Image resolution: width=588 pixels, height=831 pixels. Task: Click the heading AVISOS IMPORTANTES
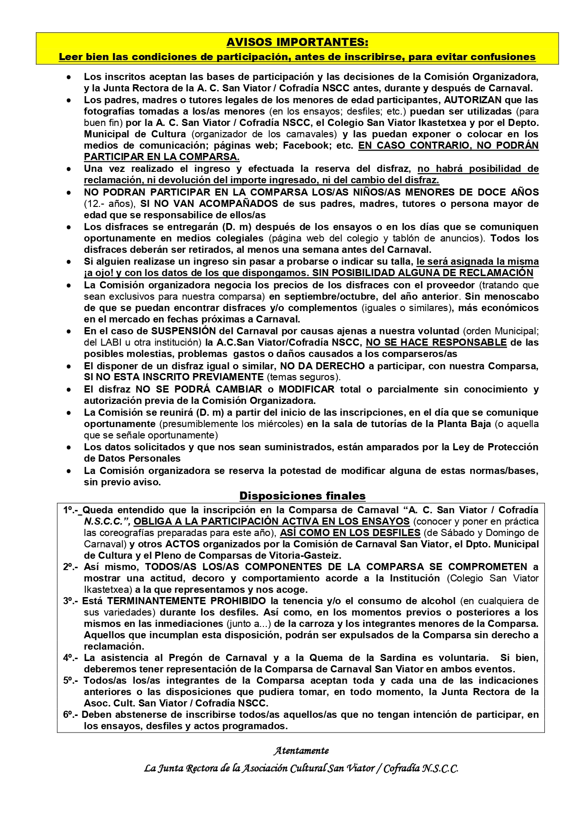tap(297, 42)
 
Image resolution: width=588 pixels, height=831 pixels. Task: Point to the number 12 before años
tap(90, 204)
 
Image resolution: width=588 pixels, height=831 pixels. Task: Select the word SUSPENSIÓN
tap(183, 331)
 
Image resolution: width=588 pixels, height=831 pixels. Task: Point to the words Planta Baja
tap(463, 424)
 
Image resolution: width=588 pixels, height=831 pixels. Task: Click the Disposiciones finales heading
tap(302, 496)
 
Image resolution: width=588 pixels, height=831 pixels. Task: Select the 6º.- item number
tap(71, 715)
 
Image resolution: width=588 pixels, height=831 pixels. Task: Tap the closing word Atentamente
tap(301, 751)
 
